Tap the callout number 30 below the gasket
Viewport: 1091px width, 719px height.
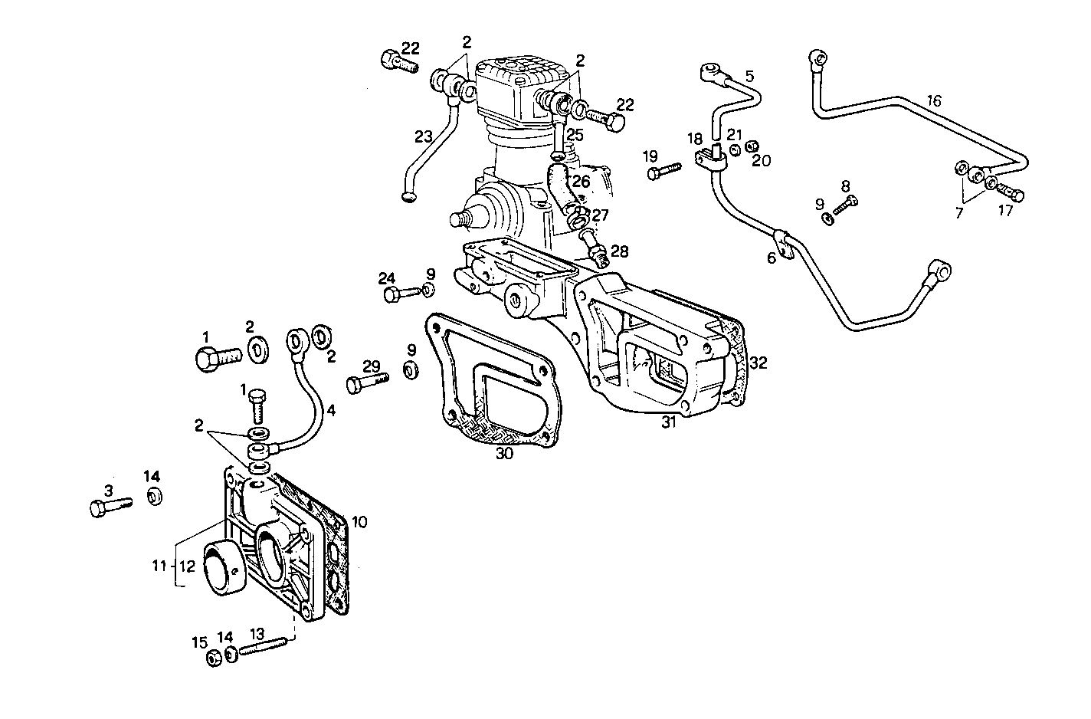504,454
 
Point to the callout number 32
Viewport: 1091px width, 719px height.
758,363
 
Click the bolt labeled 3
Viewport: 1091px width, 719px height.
110,506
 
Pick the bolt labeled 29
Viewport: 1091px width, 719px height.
366,382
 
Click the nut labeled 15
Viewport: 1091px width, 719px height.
214,658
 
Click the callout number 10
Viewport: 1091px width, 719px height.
359,522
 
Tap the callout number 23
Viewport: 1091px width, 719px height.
423,136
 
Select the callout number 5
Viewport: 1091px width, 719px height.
749,76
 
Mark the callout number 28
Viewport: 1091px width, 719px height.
619,251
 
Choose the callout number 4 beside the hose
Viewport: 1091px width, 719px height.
330,411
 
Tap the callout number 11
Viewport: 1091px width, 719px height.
159,567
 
